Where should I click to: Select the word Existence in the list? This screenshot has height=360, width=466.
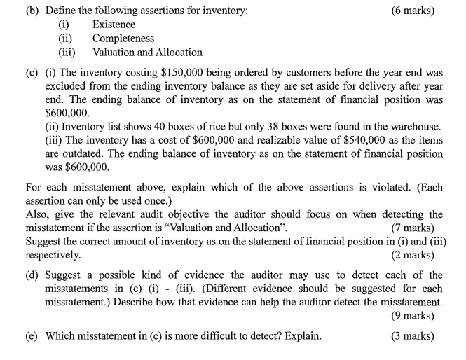pyautogui.click(x=114, y=25)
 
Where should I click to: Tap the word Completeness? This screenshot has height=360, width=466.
pyautogui.click(x=123, y=39)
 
